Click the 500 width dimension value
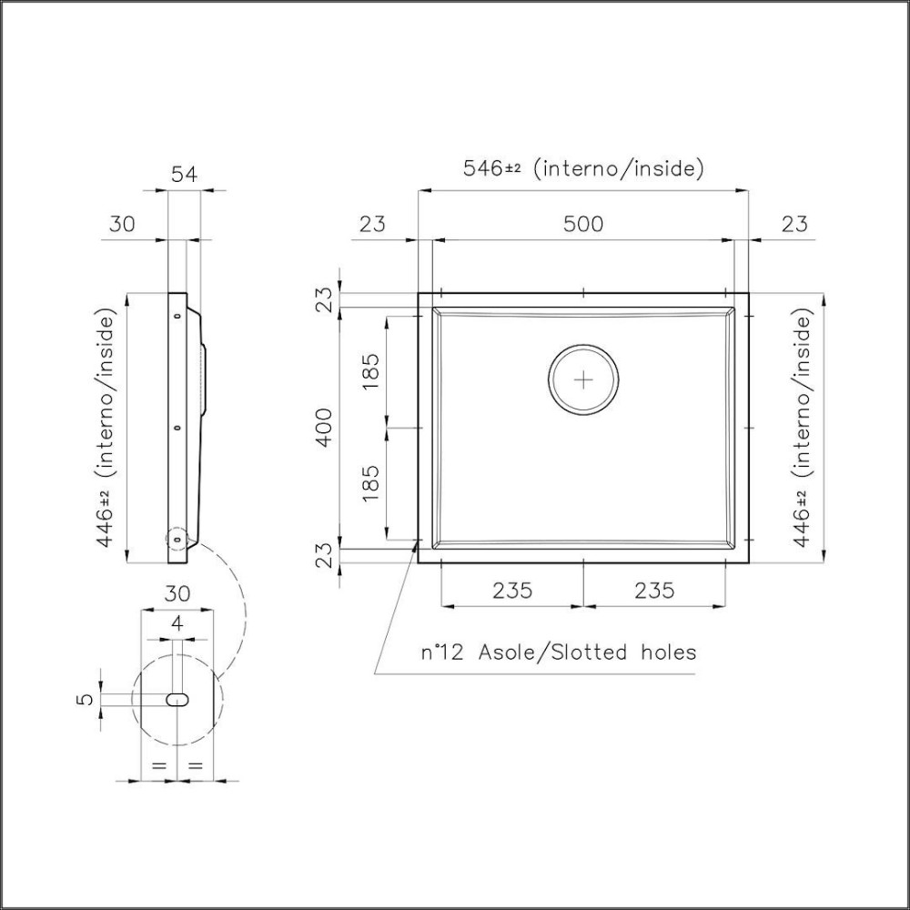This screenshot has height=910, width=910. click(x=582, y=224)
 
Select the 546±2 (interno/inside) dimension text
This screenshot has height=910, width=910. click(x=582, y=168)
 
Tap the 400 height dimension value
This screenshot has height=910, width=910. click(x=326, y=427)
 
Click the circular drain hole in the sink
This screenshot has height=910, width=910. click(x=583, y=379)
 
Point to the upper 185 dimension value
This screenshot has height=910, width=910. click(x=370, y=370)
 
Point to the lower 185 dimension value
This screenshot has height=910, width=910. click(x=370, y=483)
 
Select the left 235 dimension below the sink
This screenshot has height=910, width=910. click(x=512, y=590)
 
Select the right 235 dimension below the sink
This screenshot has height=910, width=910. click(x=653, y=590)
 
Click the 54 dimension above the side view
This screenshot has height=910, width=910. click(x=185, y=173)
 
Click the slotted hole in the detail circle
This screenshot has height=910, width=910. click(x=178, y=699)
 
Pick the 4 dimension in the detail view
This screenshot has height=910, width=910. click(x=177, y=624)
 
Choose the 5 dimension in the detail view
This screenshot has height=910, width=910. click(x=85, y=700)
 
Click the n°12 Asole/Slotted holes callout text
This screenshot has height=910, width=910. click(x=558, y=652)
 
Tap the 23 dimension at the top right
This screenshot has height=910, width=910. click(x=794, y=224)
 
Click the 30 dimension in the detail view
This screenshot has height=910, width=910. click(x=177, y=593)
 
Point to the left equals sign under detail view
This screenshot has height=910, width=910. click(x=158, y=766)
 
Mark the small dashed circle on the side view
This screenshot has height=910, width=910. click(x=175, y=538)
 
